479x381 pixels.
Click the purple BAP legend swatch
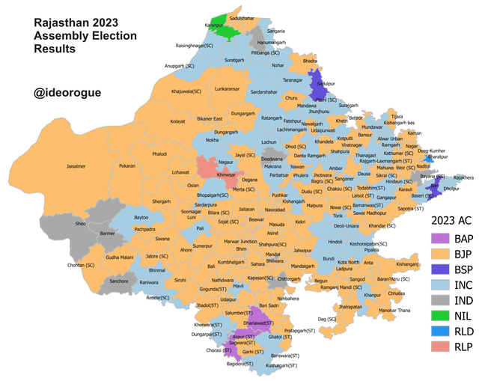[438, 239]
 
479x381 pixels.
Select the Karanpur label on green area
[216, 25]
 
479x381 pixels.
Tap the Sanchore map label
[119, 281]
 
